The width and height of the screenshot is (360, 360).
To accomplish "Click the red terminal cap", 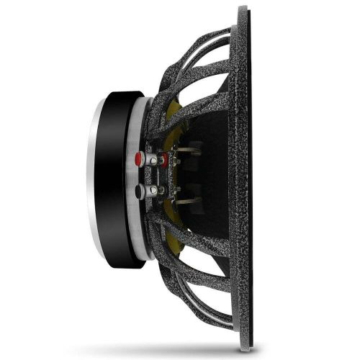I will (x=138, y=158).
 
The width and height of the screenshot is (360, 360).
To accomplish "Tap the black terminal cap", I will (x=138, y=191).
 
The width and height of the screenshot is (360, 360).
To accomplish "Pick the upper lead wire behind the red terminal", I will (x=187, y=150).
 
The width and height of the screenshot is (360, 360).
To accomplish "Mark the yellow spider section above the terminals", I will (x=173, y=115).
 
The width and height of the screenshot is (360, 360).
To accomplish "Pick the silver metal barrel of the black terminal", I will (x=150, y=191).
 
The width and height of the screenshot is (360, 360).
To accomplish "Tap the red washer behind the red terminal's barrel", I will (x=163, y=158).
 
